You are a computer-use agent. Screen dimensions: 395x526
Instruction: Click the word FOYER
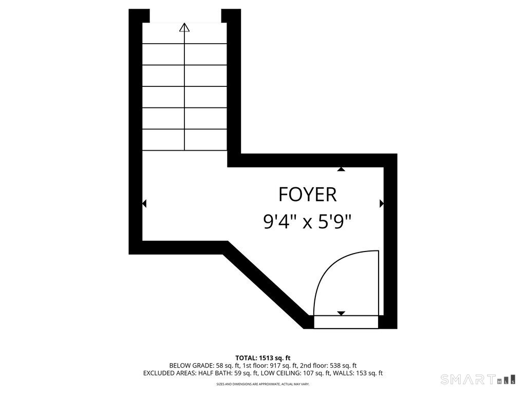pyautogui.click(x=307, y=195)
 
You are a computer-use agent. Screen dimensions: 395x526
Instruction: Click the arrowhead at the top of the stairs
pyautogui.click(x=184, y=27)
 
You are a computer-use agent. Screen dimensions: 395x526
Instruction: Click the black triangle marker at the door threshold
pyautogui.click(x=341, y=313)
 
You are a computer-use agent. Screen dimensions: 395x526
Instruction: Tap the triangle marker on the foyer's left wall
pyautogui.click(x=144, y=204)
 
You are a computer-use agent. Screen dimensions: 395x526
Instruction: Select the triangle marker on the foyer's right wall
pyautogui.click(x=381, y=204)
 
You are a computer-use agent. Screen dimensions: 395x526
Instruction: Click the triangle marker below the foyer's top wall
pyautogui.click(x=341, y=169)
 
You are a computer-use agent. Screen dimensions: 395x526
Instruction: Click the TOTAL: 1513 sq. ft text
pyautogui.click(x=263, y=358)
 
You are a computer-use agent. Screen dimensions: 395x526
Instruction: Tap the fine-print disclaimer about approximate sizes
pyautogui.click(x=263, y=384)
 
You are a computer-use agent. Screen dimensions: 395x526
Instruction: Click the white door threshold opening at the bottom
pyautogui.click(x=345, y=322)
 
